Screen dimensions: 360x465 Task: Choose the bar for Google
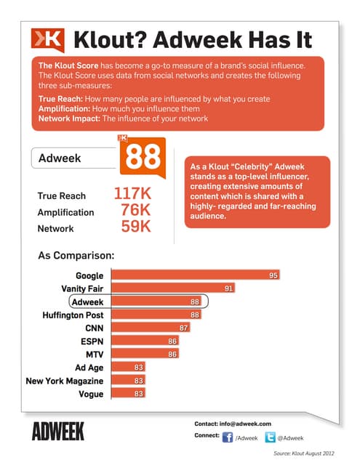click(x=195, y=275)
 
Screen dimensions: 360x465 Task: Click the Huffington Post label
click(x=73, y=315)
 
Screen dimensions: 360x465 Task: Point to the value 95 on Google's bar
click(x=274, y=275)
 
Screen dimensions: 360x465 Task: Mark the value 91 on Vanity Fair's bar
click(x=228, y=288)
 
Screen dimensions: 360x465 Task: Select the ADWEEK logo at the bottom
click(x=58, y=432)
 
